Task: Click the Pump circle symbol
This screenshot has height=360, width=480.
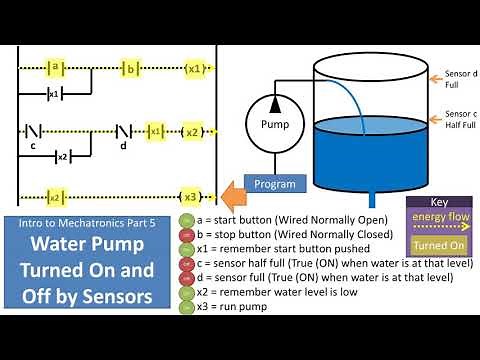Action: (x=275, y=125)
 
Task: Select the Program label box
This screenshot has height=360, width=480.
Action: (x=275, y=184)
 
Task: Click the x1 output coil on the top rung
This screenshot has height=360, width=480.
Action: (x=195, y=68)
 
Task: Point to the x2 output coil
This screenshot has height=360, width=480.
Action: (x=190, y=131)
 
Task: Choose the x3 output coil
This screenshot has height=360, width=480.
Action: (x=190, y=195)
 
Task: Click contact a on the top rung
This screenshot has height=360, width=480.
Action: (x=56, y=68)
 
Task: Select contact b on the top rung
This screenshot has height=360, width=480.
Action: (x=129, y=68)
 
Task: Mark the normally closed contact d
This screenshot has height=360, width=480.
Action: (x=124, y=131)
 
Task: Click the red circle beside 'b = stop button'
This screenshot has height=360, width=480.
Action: (x=186, y=237)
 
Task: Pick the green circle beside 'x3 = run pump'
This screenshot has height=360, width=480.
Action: (x=186, y=307)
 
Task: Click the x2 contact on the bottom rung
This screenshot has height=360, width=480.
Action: (x=56, y=195)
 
